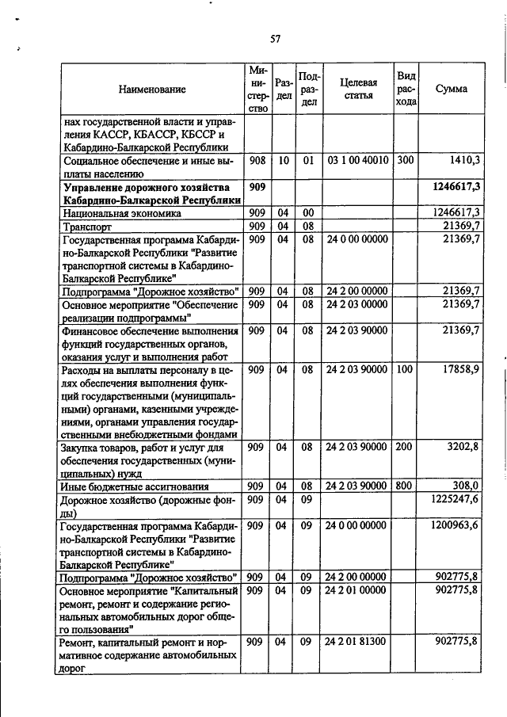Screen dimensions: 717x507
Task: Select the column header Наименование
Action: [152, 90]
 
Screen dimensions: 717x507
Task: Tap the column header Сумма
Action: [452, 89]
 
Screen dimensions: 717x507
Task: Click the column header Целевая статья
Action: [358, 89]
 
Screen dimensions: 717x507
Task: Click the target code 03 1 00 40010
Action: [357, 160]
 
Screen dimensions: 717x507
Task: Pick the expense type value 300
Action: [406, 160]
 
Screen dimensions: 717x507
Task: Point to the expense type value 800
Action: [406, 486]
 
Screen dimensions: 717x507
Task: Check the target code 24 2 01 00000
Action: [357, 590]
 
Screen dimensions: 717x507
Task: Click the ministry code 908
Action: [257, 160]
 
